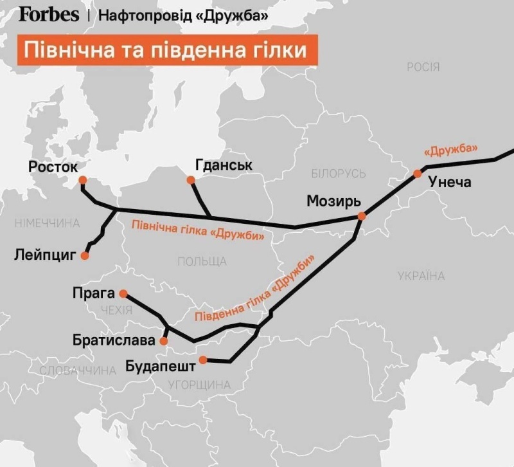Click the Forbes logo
pos(49,14)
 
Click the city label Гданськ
pos(223,165)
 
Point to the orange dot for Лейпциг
pos(85,256)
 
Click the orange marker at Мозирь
pos(362,217)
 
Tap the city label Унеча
pos(449,182)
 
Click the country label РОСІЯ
pos(423,67)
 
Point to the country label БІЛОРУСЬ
pos(338,174)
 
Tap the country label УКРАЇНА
pos(421,276)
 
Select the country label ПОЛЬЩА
pos(202,261)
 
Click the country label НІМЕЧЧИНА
pos(47,223)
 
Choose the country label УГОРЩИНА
pos(198,385)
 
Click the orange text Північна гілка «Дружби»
pos(198,230)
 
